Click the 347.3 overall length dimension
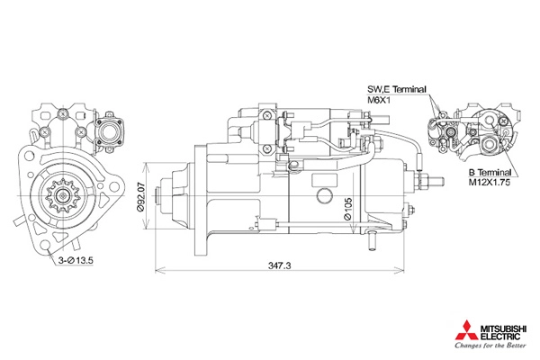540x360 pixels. pyautogui.click(x=279, y=265)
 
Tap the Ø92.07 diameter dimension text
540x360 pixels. pyautogui.click(x=140, y=197)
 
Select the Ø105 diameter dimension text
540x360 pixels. pyautogui.click(x=347, y=209)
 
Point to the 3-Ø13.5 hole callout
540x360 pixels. pyautogui.click(x=76, y=260)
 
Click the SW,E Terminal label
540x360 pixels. pyautogui.click(x=396, y=89)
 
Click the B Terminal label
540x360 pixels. pyautogui.click(x=490, y=172)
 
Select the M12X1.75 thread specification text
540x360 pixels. pyautogui.click(x=489, y=182)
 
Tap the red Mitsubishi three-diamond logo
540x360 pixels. pyautogui.click(x=466, y=330)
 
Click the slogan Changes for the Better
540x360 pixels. pyautogui.click(x=490, y=346)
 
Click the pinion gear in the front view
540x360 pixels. pyautogui.click(x=63, y=195)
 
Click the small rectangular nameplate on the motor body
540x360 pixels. pyautogui.click(x=324, y=180)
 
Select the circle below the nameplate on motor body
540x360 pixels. pyautogui.click(x=324, y=195)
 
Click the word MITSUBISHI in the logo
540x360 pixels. pyautogui.click(x=503, y=328)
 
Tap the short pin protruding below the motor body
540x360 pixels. pyautogui.click(x=372, y=241)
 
